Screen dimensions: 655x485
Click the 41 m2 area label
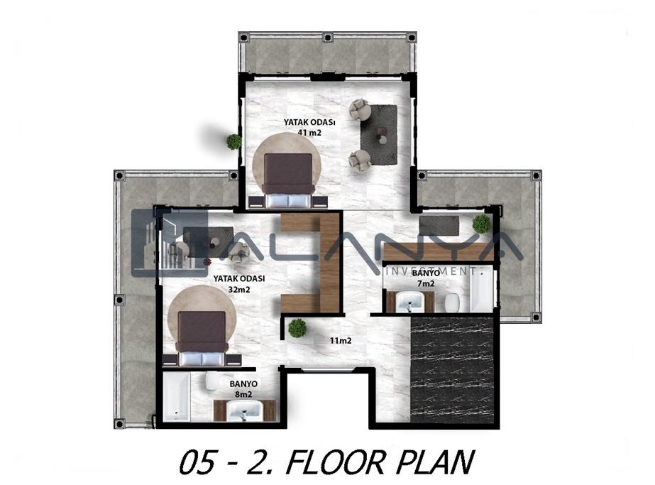(x=309, y=133)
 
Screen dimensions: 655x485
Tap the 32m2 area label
(x=239, y=289)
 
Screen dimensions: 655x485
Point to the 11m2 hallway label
(x=341, y=341)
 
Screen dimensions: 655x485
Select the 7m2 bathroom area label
(x=426, y=283)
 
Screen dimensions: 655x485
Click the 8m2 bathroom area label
(x=243, y=394)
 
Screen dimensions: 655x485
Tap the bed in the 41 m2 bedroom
(x=288, y=180)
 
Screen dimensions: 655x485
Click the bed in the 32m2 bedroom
(x=202, y=339)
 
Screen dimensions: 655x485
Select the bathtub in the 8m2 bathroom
(x=176, y=397)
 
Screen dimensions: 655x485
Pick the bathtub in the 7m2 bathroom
(x=481, y=288)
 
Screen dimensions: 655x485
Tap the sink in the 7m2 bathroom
(x=409, y=302)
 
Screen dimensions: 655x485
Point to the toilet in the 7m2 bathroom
(x=452, y=303)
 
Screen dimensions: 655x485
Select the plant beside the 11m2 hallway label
(x=297, y=328)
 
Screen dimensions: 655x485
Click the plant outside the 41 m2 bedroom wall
(x=234, y=142)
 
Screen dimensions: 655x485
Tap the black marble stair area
(x=453, y=369)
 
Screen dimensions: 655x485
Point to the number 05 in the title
(x=199, y=462)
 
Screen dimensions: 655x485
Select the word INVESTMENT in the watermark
(x=430, y=271)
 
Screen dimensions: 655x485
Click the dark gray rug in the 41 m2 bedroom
(x=379, y=134)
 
